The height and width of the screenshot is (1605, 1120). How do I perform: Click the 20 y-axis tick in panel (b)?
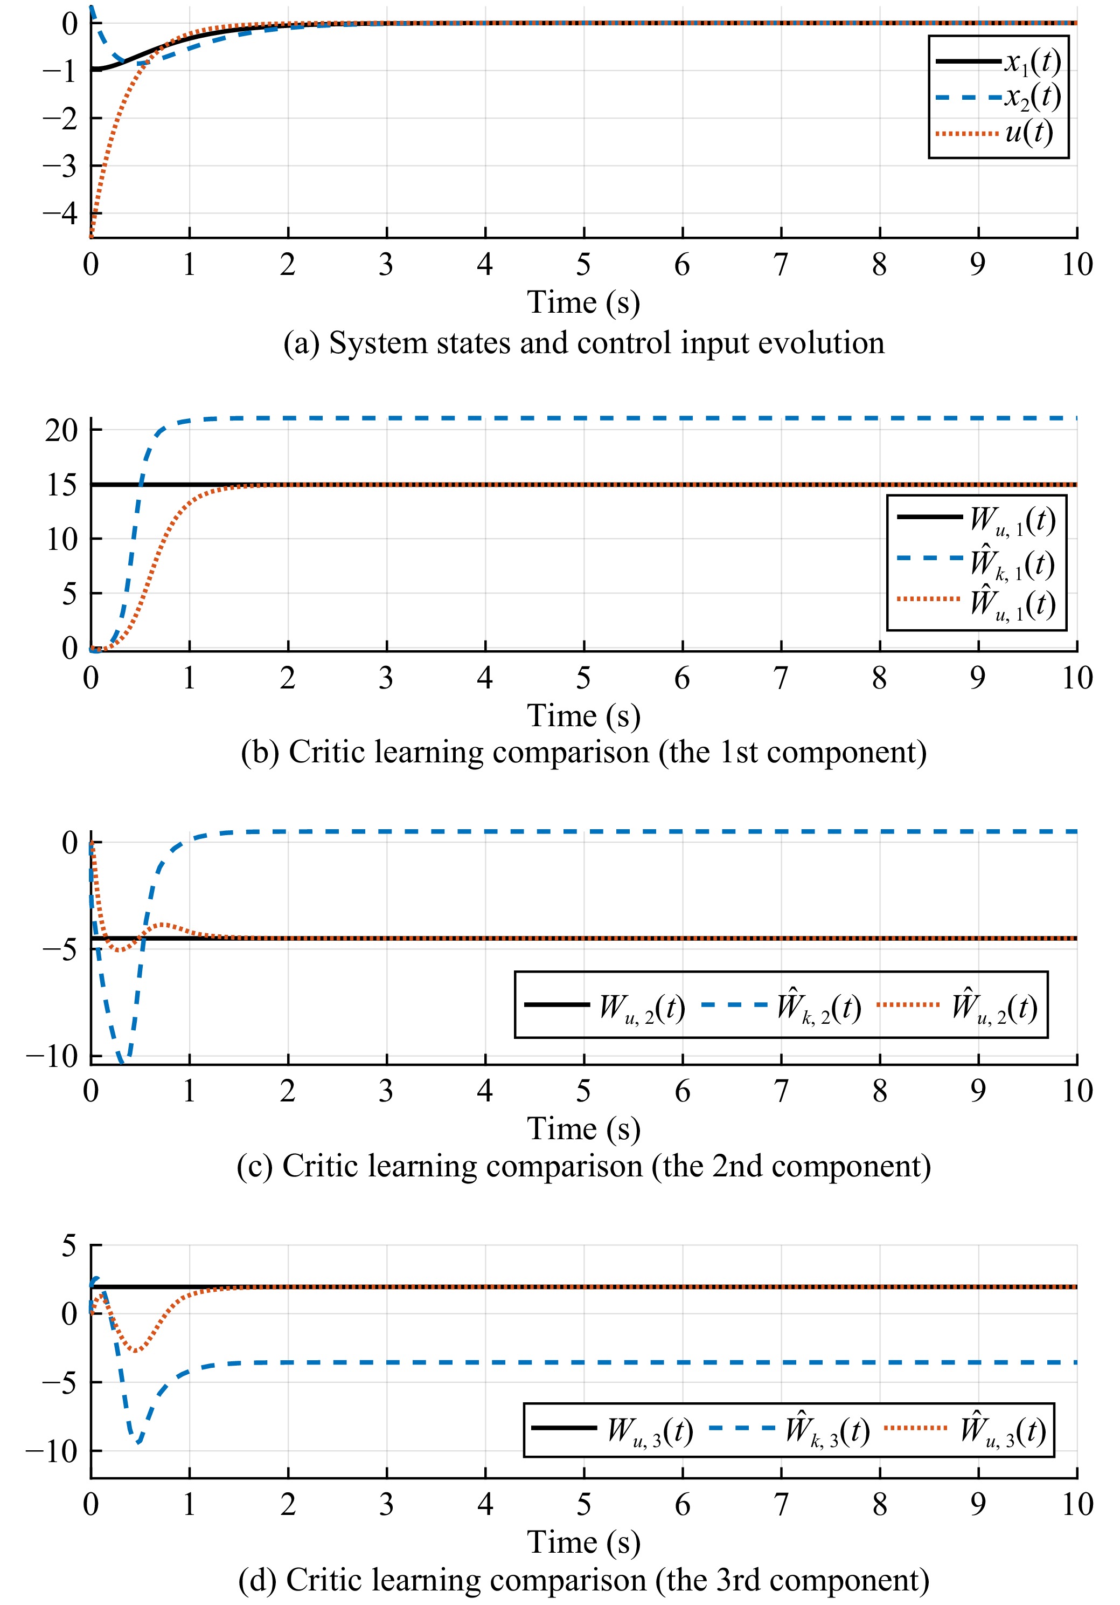pyautogui.click(x=61, y=430)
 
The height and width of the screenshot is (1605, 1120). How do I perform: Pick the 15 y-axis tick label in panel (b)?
pyautogui.click(x=61, y=485)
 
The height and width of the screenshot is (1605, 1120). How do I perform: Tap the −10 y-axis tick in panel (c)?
pyautogui.click(x=52, y=1056)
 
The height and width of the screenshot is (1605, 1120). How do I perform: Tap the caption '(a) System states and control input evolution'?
pyautogui.click(x=583, y=343)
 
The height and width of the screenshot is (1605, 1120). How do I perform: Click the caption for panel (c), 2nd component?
pyautogui.click(x=583, y=1166)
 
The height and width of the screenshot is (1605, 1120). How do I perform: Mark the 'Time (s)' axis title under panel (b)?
pyautogui.click(x=583, y=716)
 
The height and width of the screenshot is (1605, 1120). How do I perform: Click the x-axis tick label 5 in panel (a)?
pyautogui.click(x=583, y=265)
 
